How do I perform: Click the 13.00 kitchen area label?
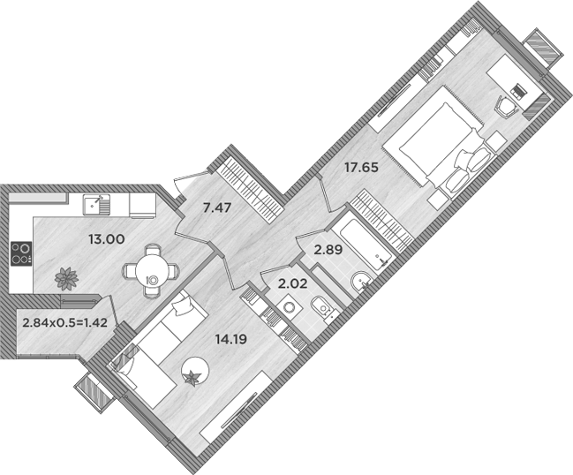106,238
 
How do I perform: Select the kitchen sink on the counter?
94,205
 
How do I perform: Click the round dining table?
153,269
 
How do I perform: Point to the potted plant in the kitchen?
65,279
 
